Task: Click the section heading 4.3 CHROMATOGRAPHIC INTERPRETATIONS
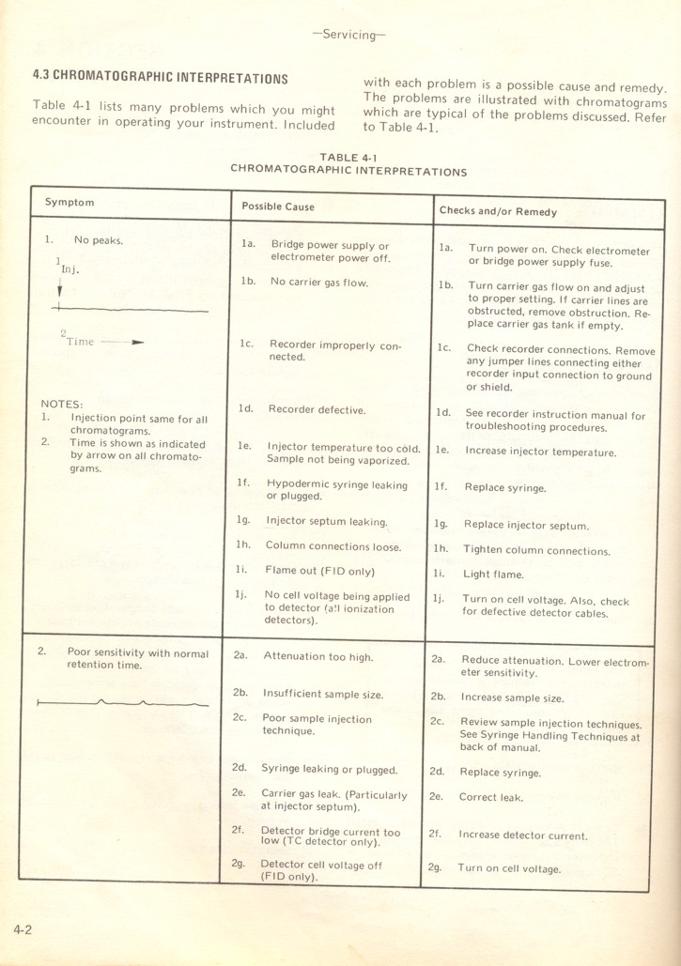[x=161, y=78]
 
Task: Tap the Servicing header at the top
[x=348, y=35]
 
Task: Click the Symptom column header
[x=70, y=203]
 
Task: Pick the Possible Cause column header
[x=278, y=207]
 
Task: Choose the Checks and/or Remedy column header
[x=498, y=211]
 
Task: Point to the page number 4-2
[x=23, y=929]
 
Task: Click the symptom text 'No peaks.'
[x=94, y=240]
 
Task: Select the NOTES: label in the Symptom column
[x=62, y=405]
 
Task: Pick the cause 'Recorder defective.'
[x=317, y=409]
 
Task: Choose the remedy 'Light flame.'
[x=493, y=575]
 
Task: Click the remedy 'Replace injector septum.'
[x=526, y=526]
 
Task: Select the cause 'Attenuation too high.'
[x=317, y=657]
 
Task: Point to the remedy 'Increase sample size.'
[x=512, y=698]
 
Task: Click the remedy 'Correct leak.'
[x=491, y=798]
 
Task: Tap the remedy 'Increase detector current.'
[x=523, y=836]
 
